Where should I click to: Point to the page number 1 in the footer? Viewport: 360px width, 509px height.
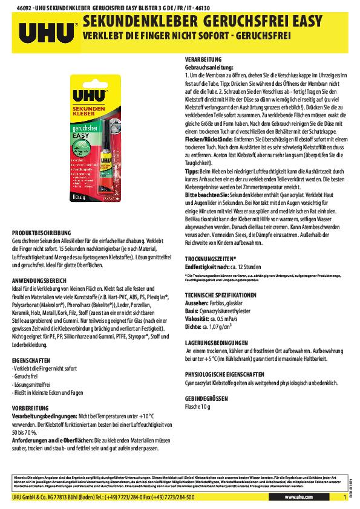345,496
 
